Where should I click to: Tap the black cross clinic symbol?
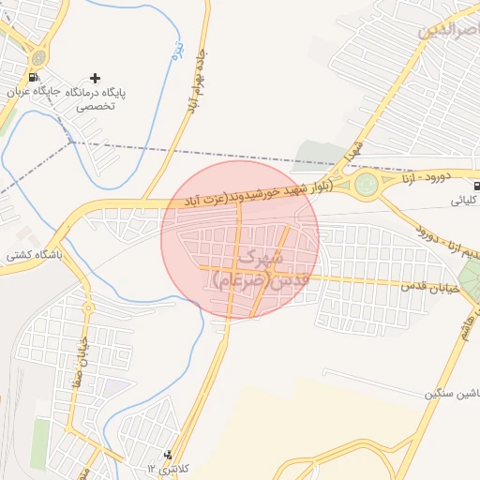[x=95, y=78]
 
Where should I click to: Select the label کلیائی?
[x=466, y=201]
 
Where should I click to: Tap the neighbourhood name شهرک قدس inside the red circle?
[x=253, y=266]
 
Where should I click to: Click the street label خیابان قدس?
[x=430, y=286]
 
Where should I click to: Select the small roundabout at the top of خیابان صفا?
[x=87, y=307]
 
